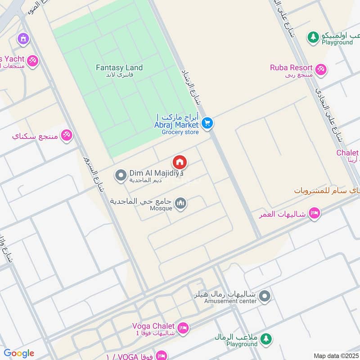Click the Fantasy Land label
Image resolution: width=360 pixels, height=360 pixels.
click(119, 68)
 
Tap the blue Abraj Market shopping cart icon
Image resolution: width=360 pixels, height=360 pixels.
click(207, 122)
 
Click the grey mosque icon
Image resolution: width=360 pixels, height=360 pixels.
click(181, 204)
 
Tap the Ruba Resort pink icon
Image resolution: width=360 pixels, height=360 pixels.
click(321, 70)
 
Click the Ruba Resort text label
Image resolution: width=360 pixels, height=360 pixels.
click(291, 68)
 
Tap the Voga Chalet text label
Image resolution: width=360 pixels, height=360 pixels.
click(153, 326)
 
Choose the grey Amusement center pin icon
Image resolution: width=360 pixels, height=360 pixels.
click(265, 296)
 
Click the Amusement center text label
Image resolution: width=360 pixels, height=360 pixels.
click(230, 301)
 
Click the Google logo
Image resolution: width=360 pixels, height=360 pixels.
click(18, 353)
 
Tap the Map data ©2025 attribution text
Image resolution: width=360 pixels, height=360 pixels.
click(336, 355)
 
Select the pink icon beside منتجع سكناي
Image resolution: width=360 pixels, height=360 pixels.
click(67, 135)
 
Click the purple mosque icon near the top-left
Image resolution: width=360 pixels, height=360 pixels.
click(22, 39)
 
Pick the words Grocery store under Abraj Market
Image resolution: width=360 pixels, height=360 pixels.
click(180, 132)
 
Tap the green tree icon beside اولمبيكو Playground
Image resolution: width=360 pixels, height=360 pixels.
click(313, 37)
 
